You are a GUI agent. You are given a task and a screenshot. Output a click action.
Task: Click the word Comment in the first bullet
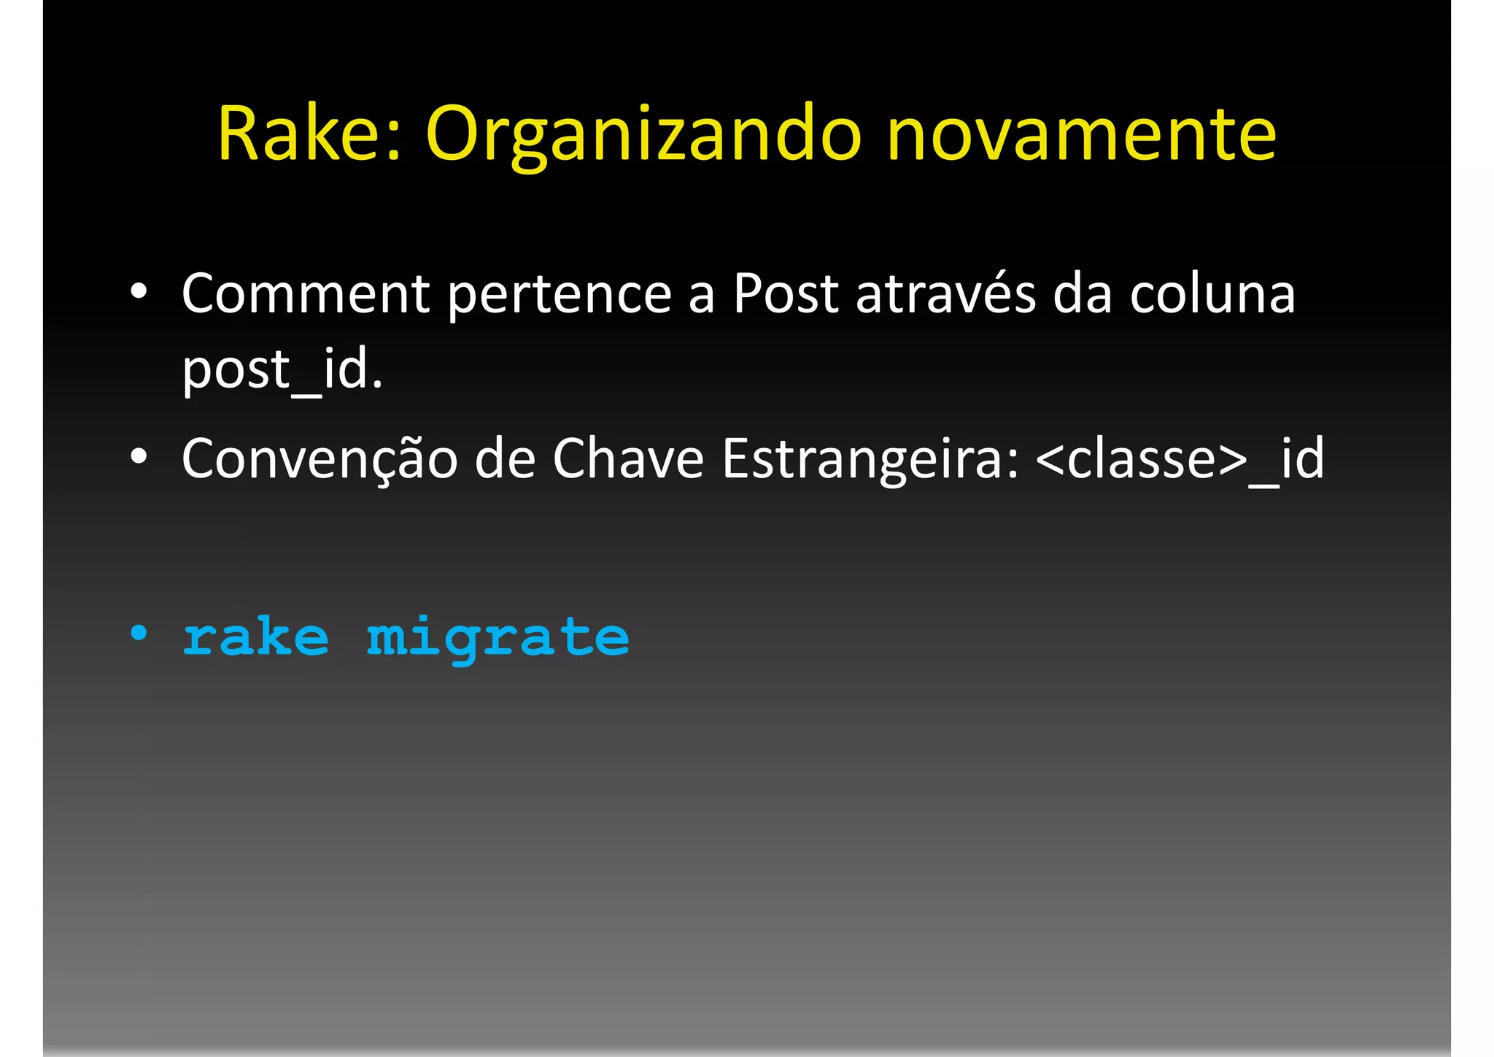click(x=305, y=293)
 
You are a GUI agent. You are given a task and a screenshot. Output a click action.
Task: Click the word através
click(x=945, y=293)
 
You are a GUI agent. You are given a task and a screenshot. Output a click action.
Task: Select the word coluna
click(x=1212, y=293)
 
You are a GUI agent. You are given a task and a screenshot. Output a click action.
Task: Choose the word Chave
click(x=628, y=458)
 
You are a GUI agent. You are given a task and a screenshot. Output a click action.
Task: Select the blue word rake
click(x=255, y=637)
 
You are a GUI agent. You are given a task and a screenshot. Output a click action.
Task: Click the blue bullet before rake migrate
click(x=139, y=633)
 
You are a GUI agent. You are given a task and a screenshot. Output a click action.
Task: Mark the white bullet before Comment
click(x=139, y=292)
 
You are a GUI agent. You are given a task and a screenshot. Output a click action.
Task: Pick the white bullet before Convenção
click(x=139, y=457)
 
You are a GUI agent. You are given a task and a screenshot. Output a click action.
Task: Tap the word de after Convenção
click(x=505, y=458)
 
